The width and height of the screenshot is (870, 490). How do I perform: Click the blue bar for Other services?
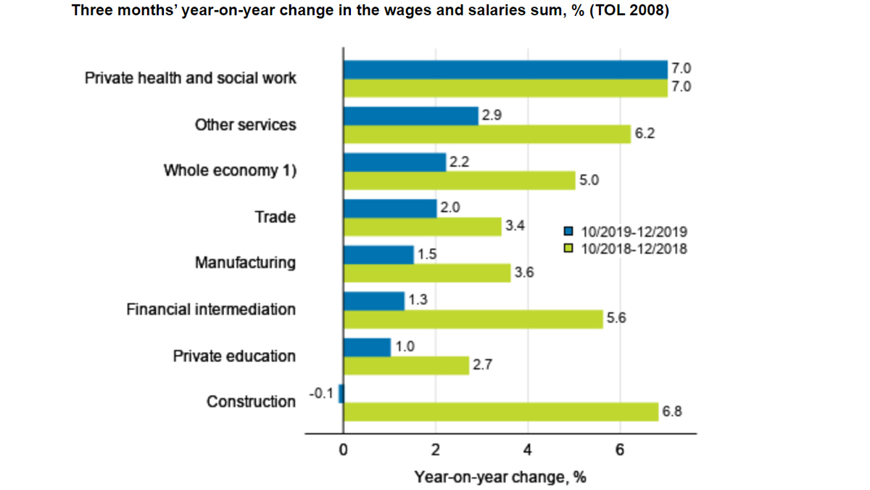point(410,115)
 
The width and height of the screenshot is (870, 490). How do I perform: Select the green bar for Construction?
point(500,412)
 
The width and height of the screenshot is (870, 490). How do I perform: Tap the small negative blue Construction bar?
point(341,393)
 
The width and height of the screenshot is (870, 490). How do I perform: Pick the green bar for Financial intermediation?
point(473,319)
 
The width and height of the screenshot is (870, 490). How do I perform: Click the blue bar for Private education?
point(367,347)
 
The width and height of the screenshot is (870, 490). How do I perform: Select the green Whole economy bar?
point(459,180)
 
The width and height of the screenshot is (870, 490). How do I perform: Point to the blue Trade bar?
point(390,208)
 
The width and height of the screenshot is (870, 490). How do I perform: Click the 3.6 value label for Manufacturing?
point(524,273)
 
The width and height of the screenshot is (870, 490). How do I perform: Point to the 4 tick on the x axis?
point(527,450)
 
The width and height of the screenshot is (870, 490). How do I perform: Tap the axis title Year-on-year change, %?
point(500,477)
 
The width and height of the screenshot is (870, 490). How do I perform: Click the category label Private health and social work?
point(190,78)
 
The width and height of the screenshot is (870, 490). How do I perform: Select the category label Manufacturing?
point(245,263)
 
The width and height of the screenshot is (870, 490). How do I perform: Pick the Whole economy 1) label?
point(230,171)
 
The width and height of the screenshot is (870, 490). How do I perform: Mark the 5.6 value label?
point(616,319)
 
